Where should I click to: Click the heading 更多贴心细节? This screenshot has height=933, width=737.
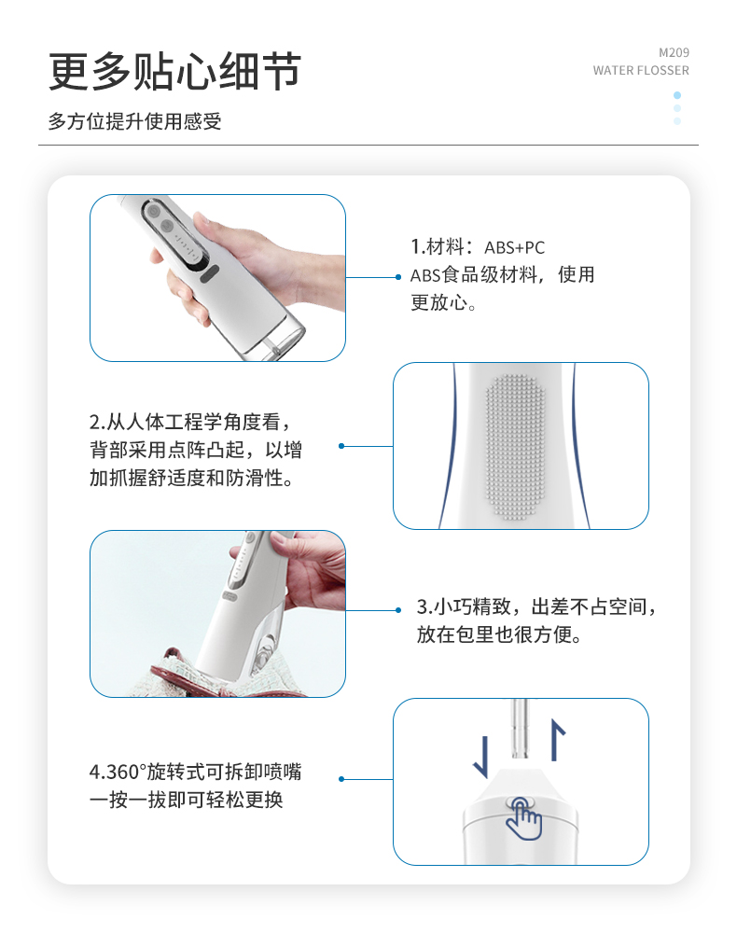coord(174,72)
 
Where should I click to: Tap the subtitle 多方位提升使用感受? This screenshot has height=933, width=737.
coord(135,121)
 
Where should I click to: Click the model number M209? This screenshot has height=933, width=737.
coord(674,52)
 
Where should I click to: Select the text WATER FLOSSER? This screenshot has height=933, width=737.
coord(641,70)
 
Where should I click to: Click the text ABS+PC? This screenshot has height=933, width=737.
coord(515,247)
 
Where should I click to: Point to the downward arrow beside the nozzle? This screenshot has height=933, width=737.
coord(481,757)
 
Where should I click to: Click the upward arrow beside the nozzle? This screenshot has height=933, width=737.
coord(557,740)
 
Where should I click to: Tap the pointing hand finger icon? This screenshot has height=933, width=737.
coord(523,818)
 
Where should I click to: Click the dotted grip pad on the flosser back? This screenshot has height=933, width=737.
coord(515,447)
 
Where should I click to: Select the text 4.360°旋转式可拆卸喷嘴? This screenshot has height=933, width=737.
coord(195,772)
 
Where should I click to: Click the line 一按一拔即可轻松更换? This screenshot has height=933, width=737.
coord(186,800)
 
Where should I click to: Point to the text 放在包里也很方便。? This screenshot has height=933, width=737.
coord(499,634)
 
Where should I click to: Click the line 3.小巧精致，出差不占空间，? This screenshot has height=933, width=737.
coord(536,606)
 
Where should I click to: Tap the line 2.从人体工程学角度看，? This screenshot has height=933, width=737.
coord(190,422)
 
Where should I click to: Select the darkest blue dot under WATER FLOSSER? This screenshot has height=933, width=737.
coord(677,95)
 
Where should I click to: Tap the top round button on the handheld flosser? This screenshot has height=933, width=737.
coord(153,211)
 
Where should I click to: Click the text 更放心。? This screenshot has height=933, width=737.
coord(444,302)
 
